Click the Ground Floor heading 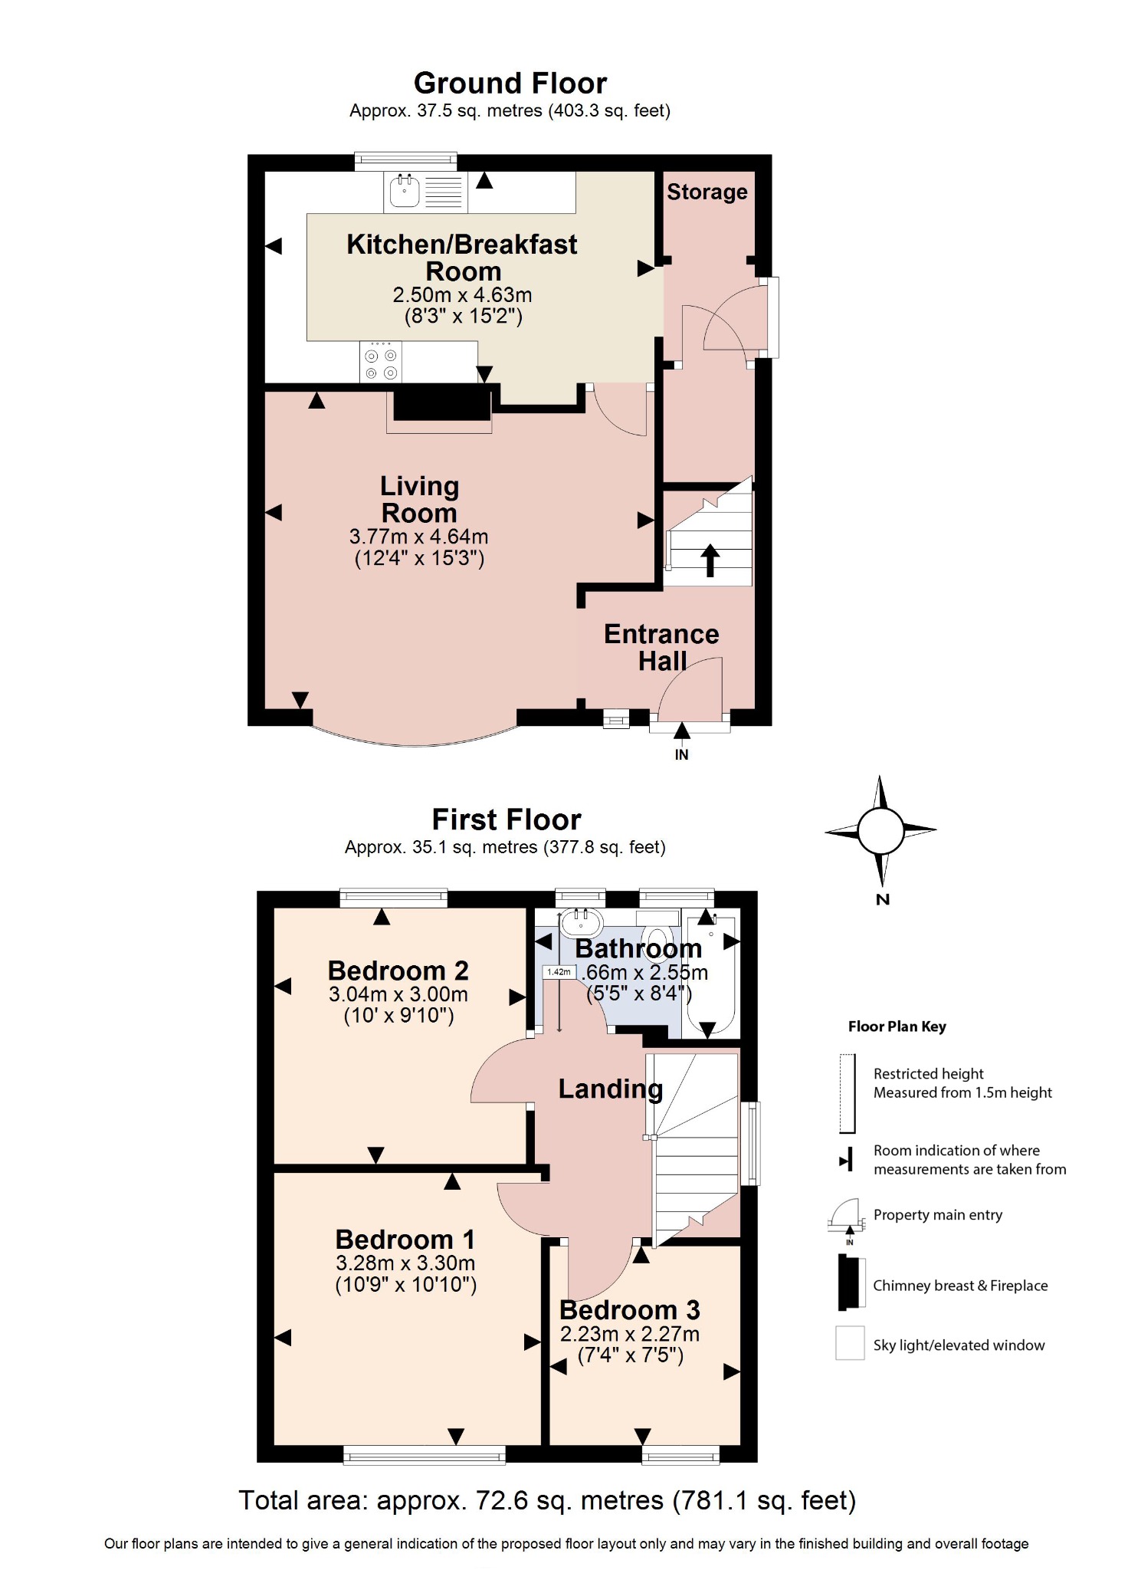(510, 83)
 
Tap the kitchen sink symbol (405, 191)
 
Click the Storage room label (707, 192)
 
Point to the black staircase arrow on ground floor (710, 560)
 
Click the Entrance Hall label (661, 647)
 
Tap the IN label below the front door (681, 755)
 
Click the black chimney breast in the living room (441, 403)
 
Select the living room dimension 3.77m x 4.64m (418, 537)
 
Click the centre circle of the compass (880, 830)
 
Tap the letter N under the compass (883, 900)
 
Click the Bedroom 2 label (398, 971)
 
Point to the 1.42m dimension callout (559, 972)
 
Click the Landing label (610, 1089)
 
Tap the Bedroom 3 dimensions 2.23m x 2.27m (629, 1335)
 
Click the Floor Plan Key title (897, 1026)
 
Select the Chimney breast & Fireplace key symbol (851, 1282)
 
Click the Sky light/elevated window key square (850, 1344)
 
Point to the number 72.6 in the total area (502, 1500)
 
